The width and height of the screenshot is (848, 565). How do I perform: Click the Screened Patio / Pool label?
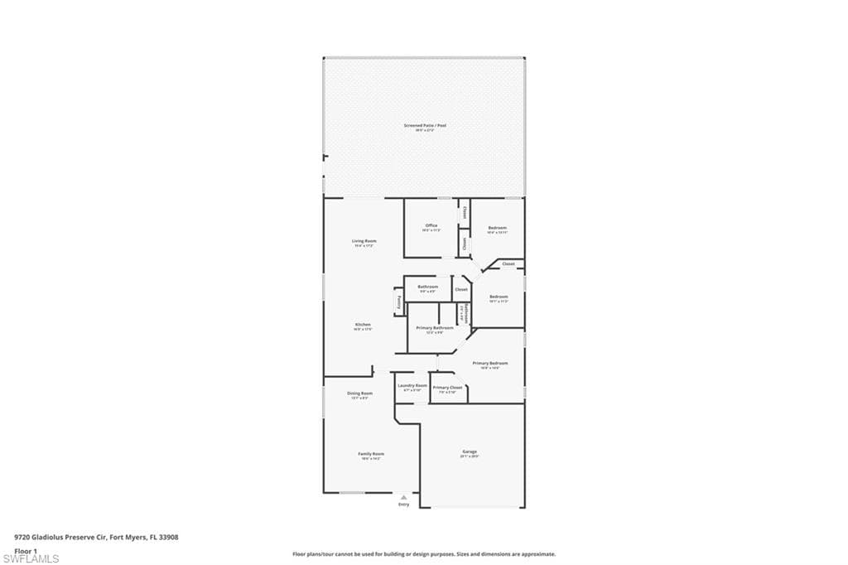point(425,125)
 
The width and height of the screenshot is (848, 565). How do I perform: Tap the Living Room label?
point(364,241)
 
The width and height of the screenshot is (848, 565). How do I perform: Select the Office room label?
point(431,225)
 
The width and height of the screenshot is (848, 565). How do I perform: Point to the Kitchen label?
point(363,325)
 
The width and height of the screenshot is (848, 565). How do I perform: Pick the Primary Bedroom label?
point(490,364)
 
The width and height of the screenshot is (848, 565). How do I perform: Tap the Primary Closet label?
point(447,388)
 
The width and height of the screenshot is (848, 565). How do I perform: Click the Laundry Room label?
point(412,385)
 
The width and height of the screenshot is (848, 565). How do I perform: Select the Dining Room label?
point(359,394)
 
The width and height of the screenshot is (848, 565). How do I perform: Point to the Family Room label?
point(371,454)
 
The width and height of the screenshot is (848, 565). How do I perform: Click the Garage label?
point(470,452)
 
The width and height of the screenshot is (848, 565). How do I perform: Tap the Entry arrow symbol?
point(403,496)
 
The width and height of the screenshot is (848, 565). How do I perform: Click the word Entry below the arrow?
point(403,505)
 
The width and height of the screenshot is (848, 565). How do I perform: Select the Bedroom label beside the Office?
point(497,228)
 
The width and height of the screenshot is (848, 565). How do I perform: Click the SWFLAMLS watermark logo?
point(31,558)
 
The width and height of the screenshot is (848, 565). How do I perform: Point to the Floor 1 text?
point(26,550)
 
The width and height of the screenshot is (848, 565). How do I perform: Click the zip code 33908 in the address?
point(168,537)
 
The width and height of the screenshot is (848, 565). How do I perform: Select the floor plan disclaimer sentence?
point(423,554)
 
